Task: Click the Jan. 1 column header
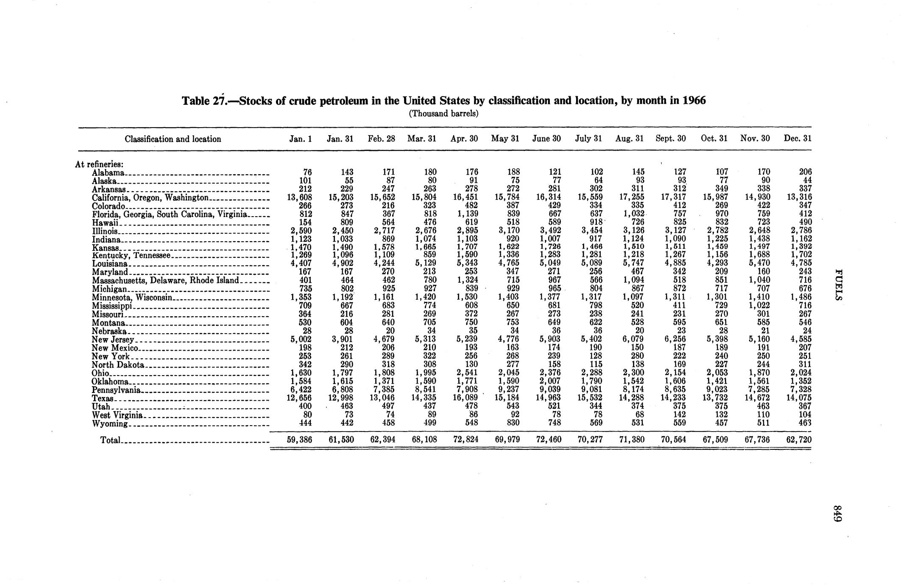[301, 139]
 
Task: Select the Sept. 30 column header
[671, 139]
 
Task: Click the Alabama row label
[108, 173]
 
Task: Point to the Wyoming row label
[109, 423]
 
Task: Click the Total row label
[110, 440]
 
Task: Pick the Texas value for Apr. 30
[465, 398]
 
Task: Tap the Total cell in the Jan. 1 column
[299, 440]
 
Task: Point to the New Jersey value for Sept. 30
[674, 339]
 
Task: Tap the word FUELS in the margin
[837, 284]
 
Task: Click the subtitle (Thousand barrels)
[443, 114]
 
